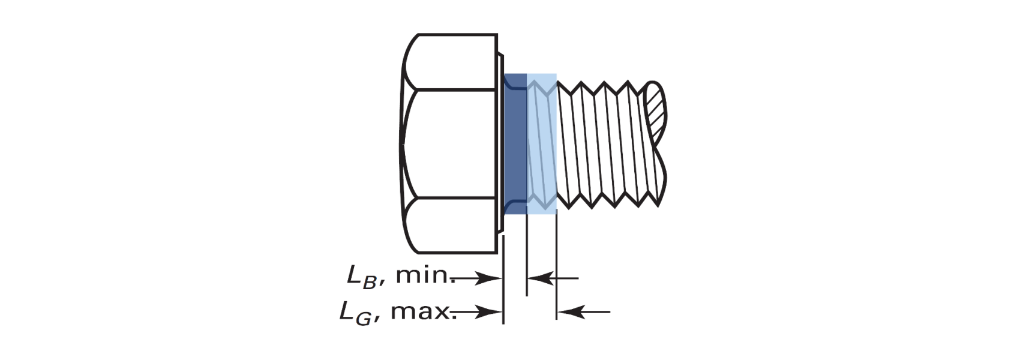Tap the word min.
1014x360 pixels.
pos(425,275)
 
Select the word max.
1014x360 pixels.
pos(421,311)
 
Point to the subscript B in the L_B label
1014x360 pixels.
pos(370,283)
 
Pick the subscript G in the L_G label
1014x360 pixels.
pos(364,319)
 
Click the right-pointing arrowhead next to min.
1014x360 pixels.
pos(489,278)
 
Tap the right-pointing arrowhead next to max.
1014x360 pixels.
pos(489,311)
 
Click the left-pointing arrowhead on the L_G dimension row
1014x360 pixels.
pos(571,311)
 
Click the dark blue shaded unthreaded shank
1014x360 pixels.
pos(515,143)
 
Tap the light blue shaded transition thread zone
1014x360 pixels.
pos(542,143)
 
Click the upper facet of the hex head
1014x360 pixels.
pos(452,62)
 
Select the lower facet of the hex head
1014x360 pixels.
pos(452,225)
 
